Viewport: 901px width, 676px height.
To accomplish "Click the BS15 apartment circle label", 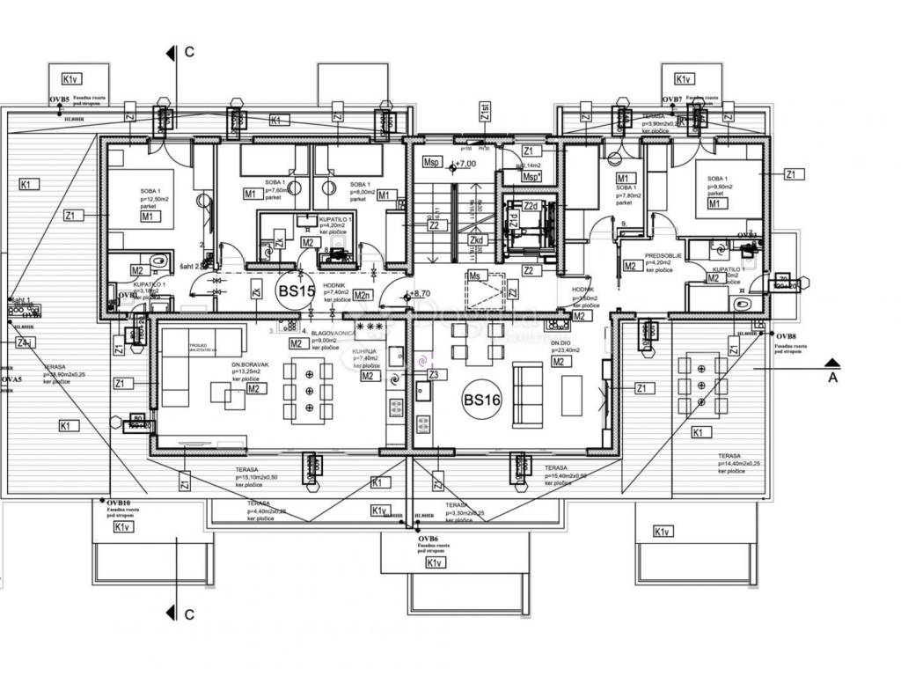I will [296, 291].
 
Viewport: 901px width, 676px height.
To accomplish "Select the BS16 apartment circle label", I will [481, 400].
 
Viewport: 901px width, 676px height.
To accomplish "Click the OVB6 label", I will [429, 538].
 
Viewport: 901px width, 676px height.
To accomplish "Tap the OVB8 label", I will [786, 336].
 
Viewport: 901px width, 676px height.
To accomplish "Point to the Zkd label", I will [477, 239].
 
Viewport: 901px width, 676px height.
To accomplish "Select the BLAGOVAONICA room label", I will [333, 334].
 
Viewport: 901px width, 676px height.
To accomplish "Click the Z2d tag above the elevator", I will [530, 206].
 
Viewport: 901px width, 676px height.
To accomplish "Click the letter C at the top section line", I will [189, 53].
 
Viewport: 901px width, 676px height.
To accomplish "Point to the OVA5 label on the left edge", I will [11, 379].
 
